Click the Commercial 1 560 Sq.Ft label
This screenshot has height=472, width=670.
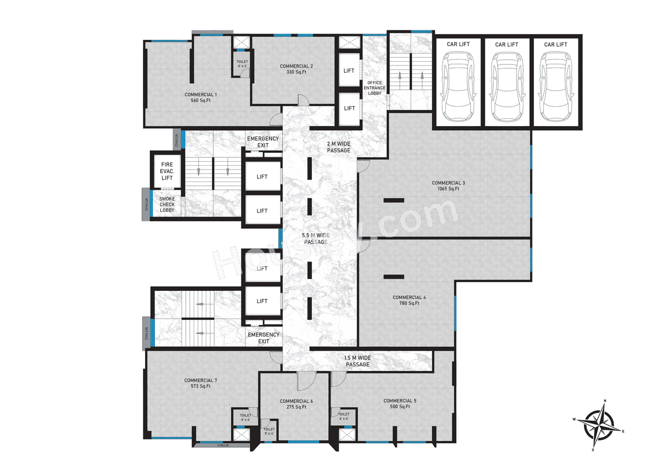click(x=200, y=97)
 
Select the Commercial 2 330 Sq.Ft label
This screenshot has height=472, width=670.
click(x=296, y=69)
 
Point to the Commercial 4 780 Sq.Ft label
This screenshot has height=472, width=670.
click(x=409, y=300)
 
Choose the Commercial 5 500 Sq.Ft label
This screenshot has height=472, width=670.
click(x=400, y=403)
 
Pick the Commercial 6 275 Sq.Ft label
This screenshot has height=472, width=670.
click(x=296, y=404)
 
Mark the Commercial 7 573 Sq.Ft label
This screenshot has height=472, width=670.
click(x=197, y=383)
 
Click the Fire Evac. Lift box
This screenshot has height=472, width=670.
click(x=166, y=171)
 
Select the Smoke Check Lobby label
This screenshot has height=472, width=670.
click(x=167, y=205)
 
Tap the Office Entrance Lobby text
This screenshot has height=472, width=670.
click(x=375, y=88)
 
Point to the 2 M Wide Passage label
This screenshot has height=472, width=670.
click(x=338, y=147)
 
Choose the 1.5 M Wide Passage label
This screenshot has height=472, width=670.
click(x=358, y=361)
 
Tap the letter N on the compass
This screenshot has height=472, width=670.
click(x=605, y=401)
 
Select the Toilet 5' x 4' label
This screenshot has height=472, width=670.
click(x=269, y=431)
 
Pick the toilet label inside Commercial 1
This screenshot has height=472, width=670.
click(x=242, y=64)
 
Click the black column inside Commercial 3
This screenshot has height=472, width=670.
click(x=393, y=200)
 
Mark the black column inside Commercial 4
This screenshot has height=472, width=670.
click(x=393, y=276)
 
